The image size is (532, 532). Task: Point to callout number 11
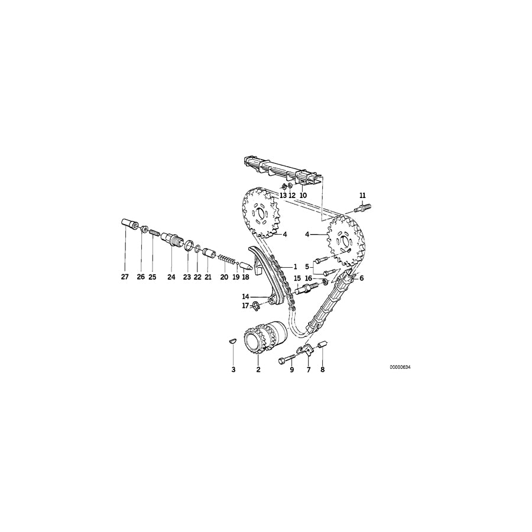click(x=362, y=195)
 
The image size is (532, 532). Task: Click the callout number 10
click(x=303, y=195)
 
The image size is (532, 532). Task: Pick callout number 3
click(x=233, y=370)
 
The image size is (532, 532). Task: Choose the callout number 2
click(x=258, y=370)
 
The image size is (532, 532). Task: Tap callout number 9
click(x=291, y=370)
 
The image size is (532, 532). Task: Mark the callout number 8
click(x=323, y=370)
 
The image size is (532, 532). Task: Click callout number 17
click(x=245, y=306)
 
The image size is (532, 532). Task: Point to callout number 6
click(x=361, y=278)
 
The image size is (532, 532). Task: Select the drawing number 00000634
click(x=400, y=367)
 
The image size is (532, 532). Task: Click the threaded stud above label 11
click(x=362, y=207)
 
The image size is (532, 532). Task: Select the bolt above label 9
click(x=287, y=359)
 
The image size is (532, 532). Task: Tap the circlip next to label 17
click(x=256, y=305)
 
